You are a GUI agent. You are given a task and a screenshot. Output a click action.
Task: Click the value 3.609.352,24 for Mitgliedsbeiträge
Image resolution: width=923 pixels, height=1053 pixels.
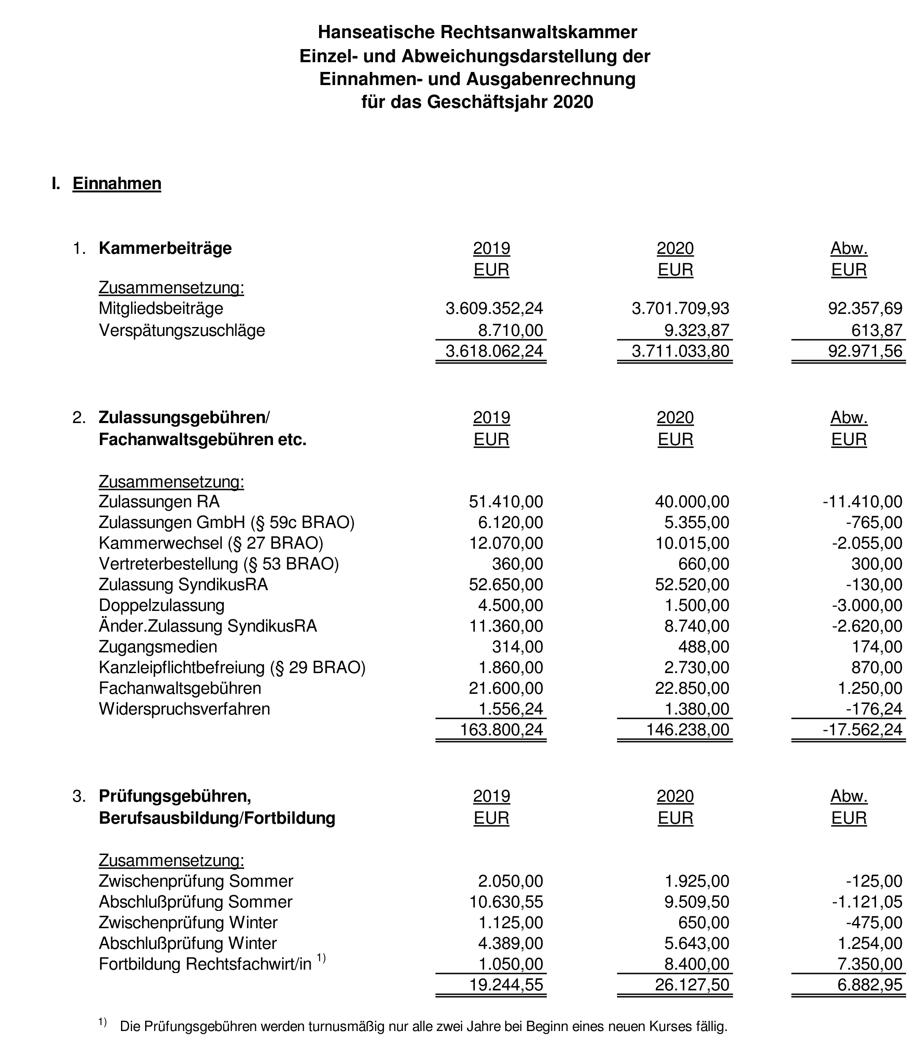click(494, 308)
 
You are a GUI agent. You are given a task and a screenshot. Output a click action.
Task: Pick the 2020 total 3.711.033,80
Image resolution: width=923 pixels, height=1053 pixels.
click(680, 351)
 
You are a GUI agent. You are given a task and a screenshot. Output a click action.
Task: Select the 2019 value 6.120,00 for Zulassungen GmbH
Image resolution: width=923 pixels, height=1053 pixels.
click(510, 522)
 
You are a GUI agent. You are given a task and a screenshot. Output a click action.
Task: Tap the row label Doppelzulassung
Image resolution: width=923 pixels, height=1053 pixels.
click(161, 605)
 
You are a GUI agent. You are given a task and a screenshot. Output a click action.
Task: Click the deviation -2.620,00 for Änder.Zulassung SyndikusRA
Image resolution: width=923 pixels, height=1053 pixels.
click(867, 626)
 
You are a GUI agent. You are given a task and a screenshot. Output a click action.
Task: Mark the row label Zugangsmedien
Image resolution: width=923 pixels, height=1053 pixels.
click(157, 647)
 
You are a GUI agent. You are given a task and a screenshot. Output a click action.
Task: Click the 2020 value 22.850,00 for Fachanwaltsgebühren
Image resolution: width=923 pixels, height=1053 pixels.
click(692, 688)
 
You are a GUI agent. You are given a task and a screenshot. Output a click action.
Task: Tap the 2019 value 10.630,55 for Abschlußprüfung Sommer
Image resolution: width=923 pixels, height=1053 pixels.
click(506, 902)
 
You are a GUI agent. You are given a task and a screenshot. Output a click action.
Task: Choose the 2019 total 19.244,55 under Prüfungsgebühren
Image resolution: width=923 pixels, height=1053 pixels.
click(506, 985)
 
